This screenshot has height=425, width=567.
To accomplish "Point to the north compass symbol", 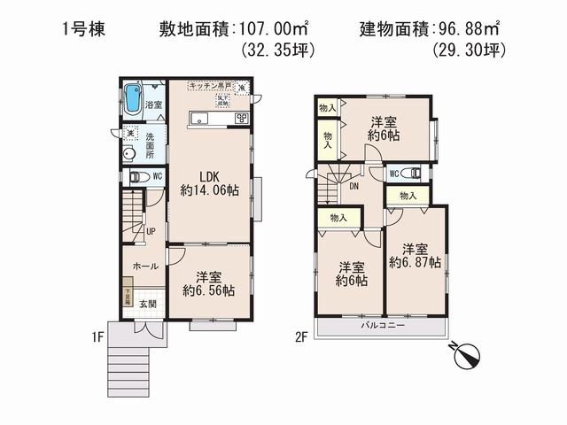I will pyautogui.click(x=465, y=356).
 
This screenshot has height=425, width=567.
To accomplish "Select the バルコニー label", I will pyautogui.click(x=383, y=325).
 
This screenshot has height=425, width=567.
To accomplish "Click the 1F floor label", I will pyautogui.click(x=97, y=336).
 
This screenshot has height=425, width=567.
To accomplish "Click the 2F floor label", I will pyautogui.click(x=302, y=336).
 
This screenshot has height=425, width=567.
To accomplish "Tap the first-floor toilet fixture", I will pyautogui.click(x=136, y=176).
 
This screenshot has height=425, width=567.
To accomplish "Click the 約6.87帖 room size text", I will pyautogui.click(x=414, y=255).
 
